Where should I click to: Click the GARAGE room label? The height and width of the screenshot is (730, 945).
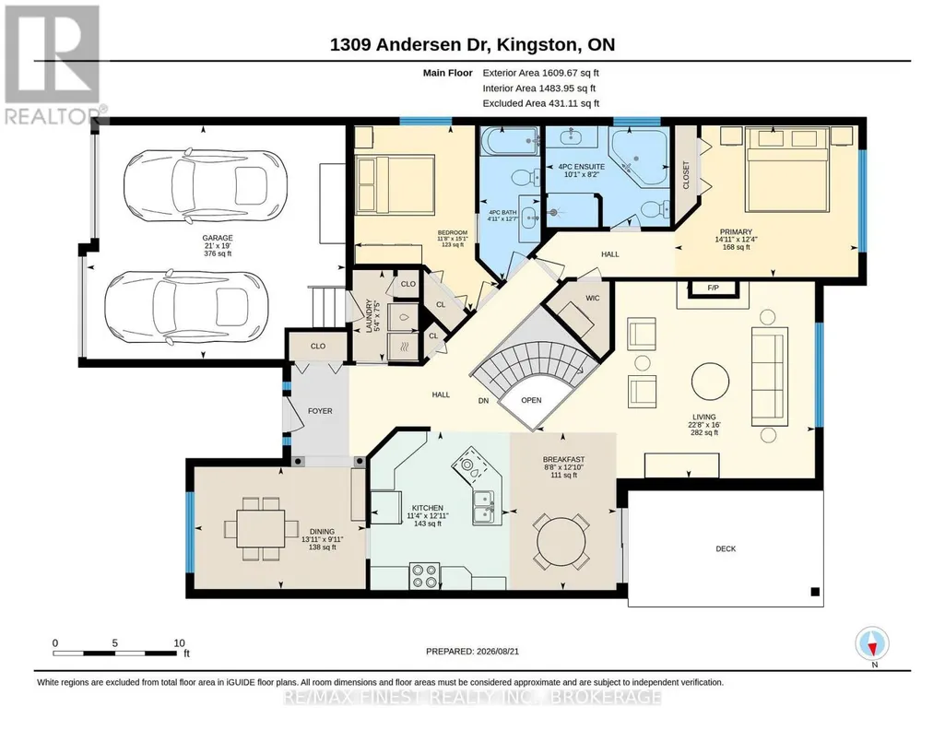(218, 238)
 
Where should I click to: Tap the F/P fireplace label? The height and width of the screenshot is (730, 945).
(713, 288)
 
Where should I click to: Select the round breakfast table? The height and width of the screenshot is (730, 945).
(561, 541)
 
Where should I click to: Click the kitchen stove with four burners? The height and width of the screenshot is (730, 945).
(424, 575)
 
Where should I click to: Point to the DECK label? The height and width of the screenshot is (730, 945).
(726, 548)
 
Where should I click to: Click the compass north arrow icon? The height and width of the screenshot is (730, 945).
(872, 643)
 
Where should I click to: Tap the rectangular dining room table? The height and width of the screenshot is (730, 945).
(261, 528)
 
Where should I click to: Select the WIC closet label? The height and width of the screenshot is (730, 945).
(593, 298)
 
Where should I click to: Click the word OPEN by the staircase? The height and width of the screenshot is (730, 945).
(531, 400)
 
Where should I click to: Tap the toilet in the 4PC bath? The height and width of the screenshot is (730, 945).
(525, 177)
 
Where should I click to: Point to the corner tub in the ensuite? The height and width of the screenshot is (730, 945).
(639, 156)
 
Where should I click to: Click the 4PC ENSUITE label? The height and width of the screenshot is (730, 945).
(578, 167)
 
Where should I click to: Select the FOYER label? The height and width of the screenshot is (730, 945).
(320, 411)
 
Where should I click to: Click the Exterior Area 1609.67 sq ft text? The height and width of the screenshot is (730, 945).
(540, 73)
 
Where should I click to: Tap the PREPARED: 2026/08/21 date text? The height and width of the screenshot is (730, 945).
(472, 651)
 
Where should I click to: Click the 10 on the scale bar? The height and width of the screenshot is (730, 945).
(179, 642)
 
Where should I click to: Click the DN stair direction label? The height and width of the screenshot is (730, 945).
(483, 400)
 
